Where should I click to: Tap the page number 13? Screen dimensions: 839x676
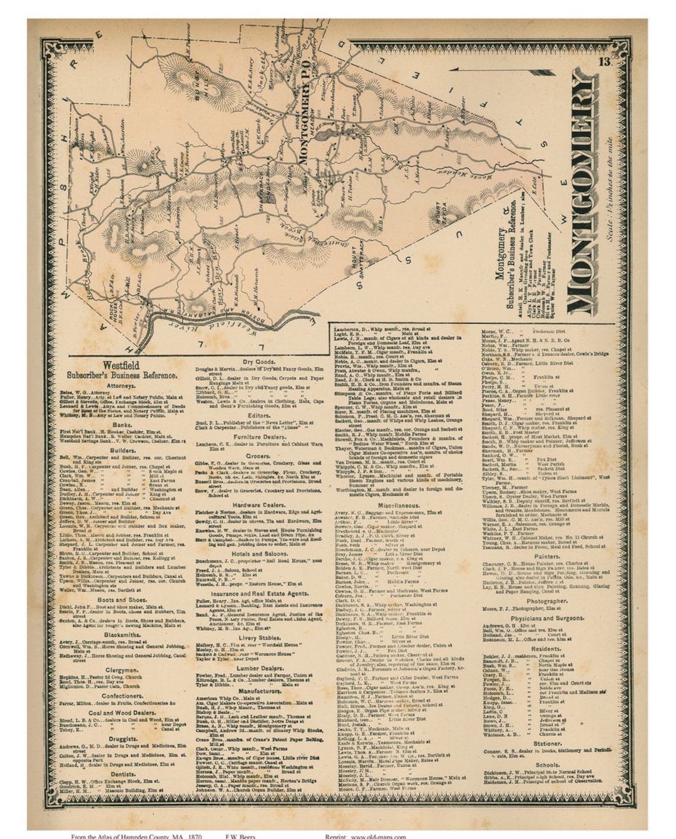pyautogui.click(x=604, y=61)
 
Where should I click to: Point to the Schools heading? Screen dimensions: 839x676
pyautogui.click(x=547, y=765)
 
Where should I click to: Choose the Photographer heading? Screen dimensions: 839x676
pyautogui.click(x=546, y=600)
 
